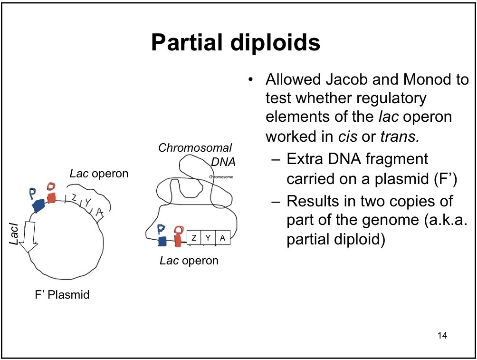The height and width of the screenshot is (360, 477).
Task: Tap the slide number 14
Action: [x=442, y=336]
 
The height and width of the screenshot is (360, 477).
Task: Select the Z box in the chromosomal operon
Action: [x=194, y=237]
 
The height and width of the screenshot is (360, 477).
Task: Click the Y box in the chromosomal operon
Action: [x=208, y=237]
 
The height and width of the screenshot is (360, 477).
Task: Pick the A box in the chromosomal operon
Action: [x=222, y=237]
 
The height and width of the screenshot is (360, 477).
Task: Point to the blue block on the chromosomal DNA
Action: [x=162, y=241]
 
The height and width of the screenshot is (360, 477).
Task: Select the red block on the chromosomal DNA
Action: [x=178, y=240]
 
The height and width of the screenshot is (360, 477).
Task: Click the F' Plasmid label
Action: [x=59, y=295]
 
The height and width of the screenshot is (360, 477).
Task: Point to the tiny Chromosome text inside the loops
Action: [x=221, y=176]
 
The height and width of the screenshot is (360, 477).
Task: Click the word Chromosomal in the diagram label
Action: [x=195, y=147]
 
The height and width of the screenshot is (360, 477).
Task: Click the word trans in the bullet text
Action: [x=399, y=136]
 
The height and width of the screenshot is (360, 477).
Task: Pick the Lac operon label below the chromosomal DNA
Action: [x=189, y=261]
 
